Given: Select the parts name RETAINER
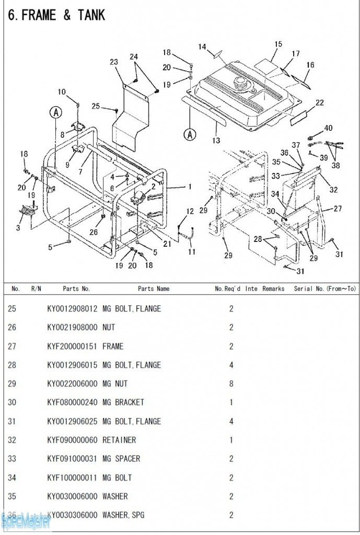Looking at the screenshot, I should (x=119, y=440).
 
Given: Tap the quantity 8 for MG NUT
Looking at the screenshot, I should (x=231, y=383).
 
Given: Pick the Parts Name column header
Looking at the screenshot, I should (x=154, y=288).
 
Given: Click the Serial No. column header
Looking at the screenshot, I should (x=324, y=288).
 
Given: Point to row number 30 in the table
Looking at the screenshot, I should (x=11, y=402).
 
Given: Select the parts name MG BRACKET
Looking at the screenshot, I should (x=123, y=402).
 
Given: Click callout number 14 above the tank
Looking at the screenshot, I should (x=202, y=47).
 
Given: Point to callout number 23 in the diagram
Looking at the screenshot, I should (x=114, y=62).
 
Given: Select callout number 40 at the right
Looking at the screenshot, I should (x=328, y=128).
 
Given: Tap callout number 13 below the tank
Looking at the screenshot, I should (x=216, y=140).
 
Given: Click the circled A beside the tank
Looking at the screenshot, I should (x=190, y=134).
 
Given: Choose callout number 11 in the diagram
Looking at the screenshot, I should (x=192, y=252).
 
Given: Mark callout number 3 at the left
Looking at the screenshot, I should (x=18, y=228).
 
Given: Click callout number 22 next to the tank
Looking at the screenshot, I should (x=319, y=103).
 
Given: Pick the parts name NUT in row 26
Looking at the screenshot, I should (x=109, y=327).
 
